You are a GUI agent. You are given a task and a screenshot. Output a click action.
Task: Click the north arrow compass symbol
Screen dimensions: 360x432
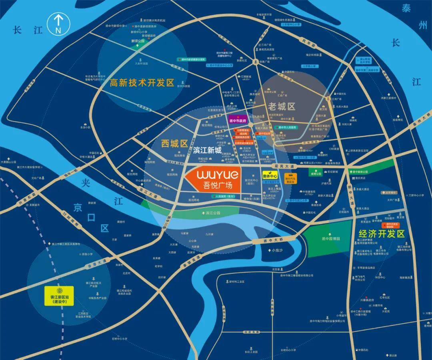pyautogui.click(x=58, y=24)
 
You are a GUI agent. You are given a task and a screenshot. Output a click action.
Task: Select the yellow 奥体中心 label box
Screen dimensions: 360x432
pyautogui.click(x=270, y=175)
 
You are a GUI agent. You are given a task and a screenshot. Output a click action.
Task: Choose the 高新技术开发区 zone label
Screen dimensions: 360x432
pyautogui.click(x=142, y=83)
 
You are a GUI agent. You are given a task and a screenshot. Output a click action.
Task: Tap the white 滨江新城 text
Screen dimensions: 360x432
pyautogui.click(x=207, y=150)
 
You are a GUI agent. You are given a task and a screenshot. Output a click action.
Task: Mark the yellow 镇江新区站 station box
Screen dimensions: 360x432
pyautogui.click(x=59, y=296)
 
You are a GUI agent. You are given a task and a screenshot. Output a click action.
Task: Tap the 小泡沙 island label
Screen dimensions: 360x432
pyautogui.click(x=276, y=250)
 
